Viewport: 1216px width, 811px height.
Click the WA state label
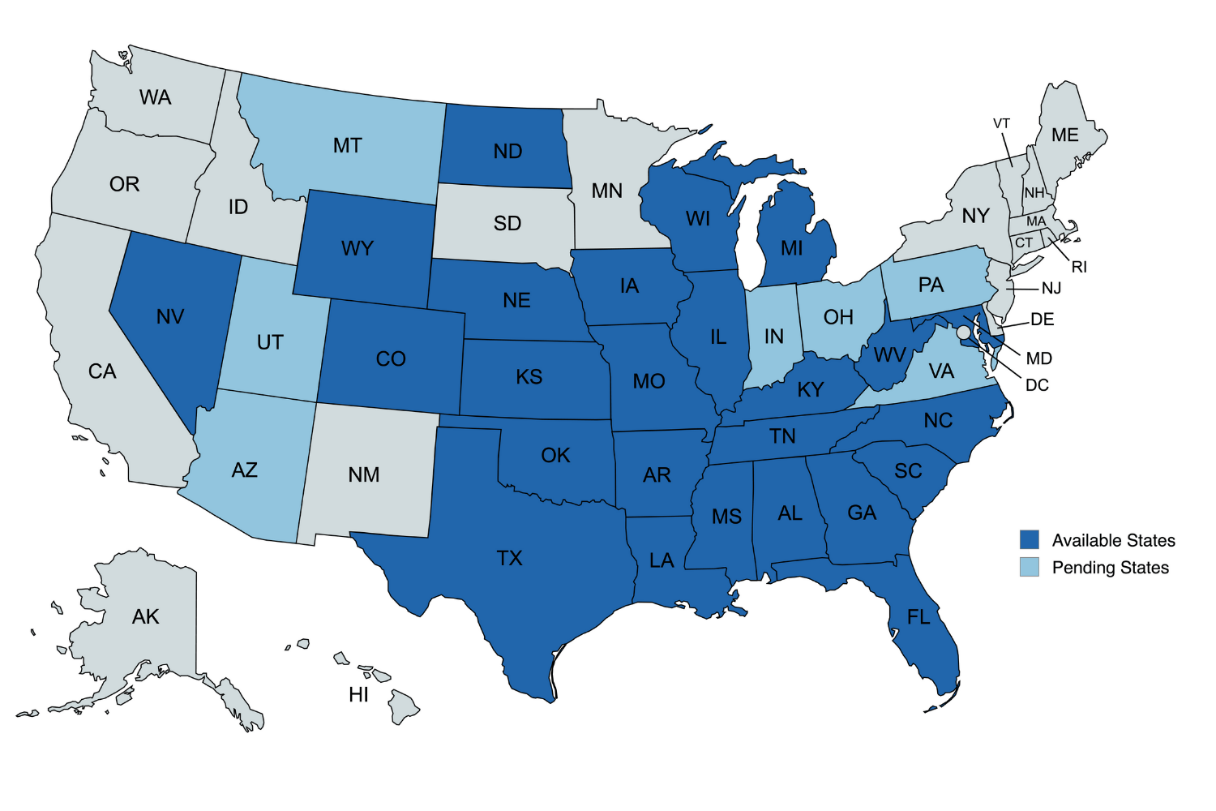[x=155, y=97]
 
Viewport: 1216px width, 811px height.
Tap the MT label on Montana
[x=347, y=145]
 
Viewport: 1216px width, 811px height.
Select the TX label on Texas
[x=509, y=558]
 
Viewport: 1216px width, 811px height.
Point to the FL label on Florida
[x=918, y=617]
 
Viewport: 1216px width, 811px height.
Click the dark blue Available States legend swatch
[x=1029, y=540]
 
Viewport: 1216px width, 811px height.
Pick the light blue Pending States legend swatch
[x=1029, y=567]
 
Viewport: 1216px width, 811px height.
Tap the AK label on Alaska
[x=146, y=616]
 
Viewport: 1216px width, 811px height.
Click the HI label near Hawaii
[x=358, y=694]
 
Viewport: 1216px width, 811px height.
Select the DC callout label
[x=1037, y=385]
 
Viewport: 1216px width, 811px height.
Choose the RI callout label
[x=1078, y=267]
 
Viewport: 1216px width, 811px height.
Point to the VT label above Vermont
[x=1001, y=123]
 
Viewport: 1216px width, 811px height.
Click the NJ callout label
[x=1051, y=288]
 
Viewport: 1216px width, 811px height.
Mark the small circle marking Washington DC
[x=962, y=333]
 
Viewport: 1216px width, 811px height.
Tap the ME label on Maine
[x=1064, y=135]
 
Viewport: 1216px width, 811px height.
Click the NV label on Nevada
[x=170, y=316]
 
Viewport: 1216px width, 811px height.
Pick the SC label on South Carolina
[x=908, y=471]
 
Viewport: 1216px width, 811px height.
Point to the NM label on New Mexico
[x=364, y=474]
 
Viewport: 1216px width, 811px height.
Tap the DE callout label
[x=1042, y=320]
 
